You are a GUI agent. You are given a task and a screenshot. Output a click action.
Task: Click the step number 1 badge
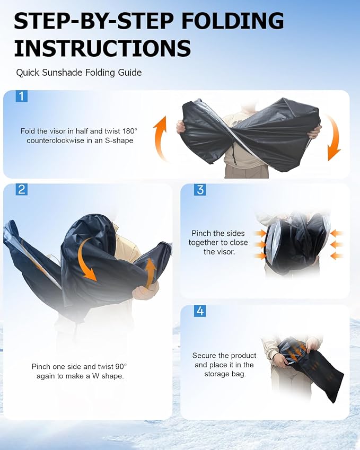22,96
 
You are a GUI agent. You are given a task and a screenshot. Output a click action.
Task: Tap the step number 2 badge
22,190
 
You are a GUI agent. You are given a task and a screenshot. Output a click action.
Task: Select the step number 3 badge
200,190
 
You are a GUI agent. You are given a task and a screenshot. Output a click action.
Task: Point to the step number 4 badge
200,311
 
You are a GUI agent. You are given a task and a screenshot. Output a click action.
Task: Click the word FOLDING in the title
233,21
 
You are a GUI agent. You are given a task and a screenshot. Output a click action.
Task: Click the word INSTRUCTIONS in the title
102,48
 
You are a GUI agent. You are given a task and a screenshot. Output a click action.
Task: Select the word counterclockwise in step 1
59,140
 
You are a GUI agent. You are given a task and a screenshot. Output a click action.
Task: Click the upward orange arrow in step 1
160,138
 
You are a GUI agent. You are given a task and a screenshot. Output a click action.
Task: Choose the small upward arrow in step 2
150,273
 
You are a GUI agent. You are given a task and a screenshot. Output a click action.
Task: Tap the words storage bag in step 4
225,374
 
